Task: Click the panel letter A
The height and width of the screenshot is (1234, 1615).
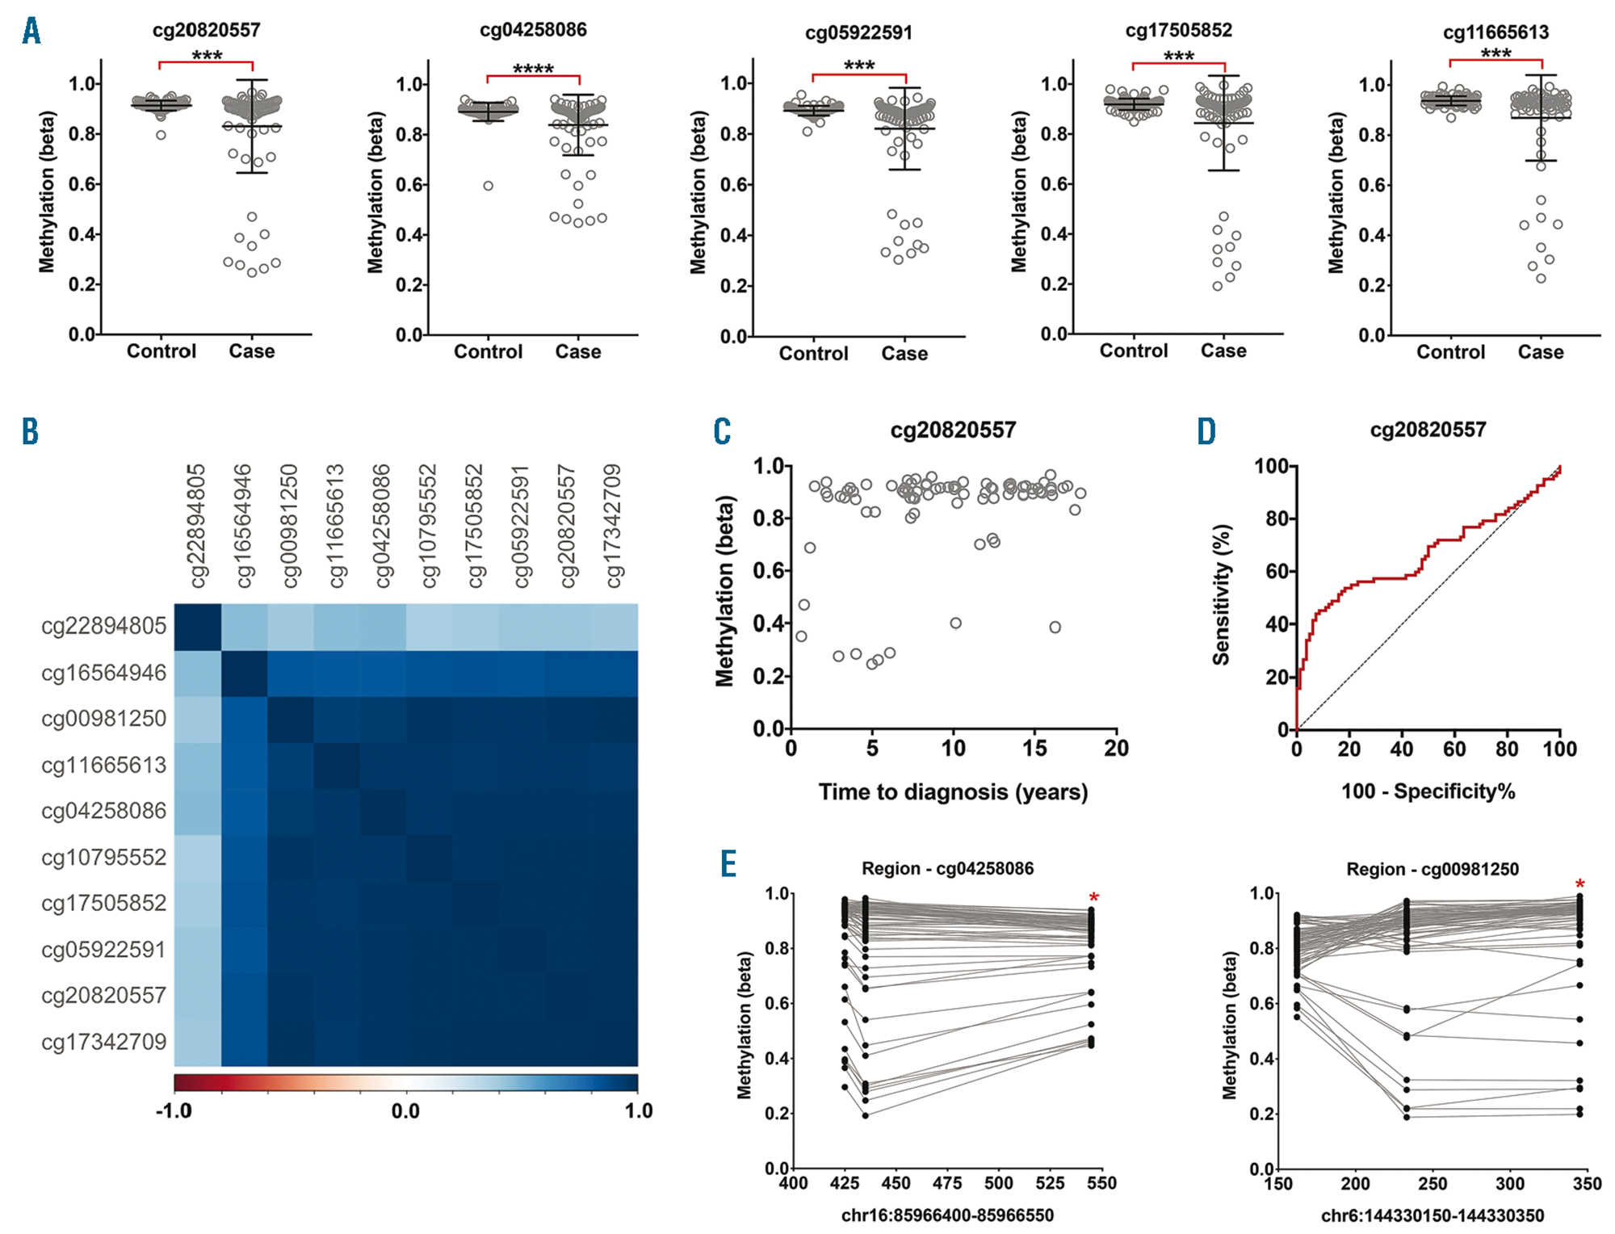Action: click(31, 31)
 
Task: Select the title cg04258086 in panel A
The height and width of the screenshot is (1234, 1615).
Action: click(533, 30)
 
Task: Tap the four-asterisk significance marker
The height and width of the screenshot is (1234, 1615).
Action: click(533, 69)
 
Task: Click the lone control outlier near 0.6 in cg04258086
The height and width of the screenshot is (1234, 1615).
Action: click(489, 186)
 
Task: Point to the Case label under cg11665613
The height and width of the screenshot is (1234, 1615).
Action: click(1540, 352)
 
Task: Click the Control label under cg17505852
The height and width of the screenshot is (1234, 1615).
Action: click(1133, 350)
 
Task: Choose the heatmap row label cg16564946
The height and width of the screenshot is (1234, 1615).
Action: click(103, 673)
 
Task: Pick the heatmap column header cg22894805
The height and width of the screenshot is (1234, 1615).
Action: click(196, 525)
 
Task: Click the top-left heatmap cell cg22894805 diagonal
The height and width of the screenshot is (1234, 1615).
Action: click(198, 627)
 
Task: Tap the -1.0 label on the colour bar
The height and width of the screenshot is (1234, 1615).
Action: click(174, 1111)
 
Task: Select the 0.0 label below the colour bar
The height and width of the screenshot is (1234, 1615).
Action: click(405, 1111)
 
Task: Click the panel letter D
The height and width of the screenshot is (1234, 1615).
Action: click(1206, 432)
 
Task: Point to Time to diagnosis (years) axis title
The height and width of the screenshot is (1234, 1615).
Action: click(953, 792)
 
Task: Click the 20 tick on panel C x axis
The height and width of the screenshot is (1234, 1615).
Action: click(1116, 749)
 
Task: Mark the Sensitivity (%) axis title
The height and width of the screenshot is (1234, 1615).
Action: click(1221, 594)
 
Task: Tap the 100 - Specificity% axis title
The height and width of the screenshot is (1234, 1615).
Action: click(1428, 791)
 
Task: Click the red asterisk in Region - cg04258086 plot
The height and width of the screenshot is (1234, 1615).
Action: click(1094, 898)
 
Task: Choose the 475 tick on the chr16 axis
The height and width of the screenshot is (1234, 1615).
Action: click(947, 1184)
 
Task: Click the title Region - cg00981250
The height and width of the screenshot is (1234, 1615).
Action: click(1432, 870)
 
